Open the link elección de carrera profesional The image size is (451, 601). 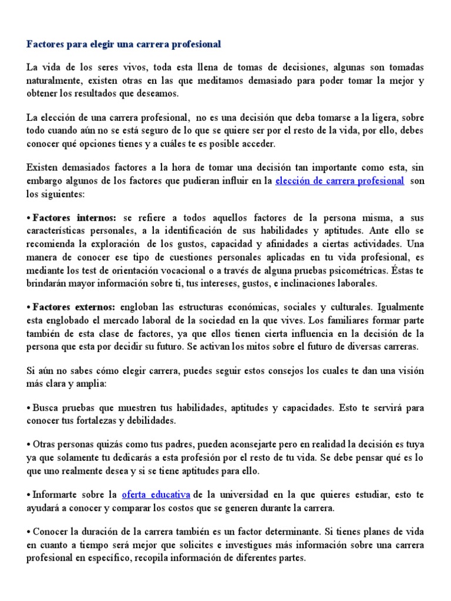pos(339,181)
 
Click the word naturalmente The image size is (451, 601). pos(53,80)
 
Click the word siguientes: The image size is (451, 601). pos(47,194)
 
